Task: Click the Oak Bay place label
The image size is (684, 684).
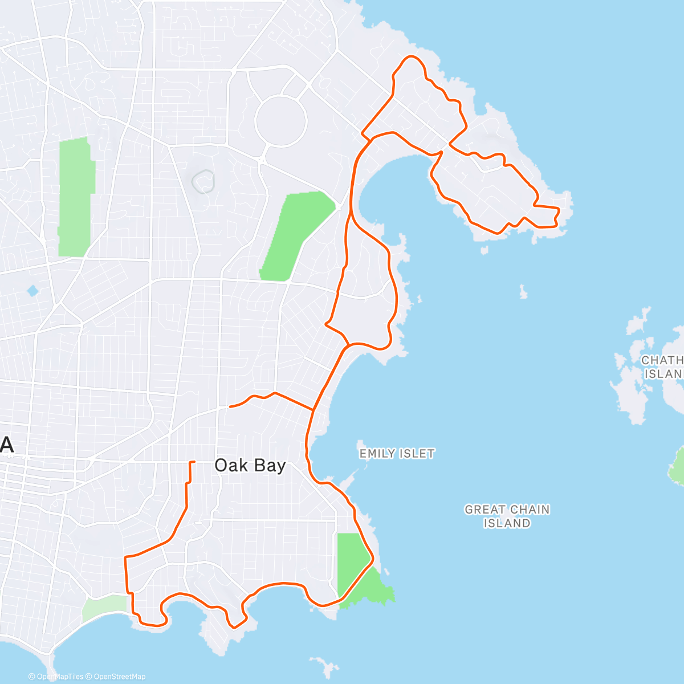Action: pos(250,466)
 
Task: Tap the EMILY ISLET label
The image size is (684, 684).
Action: pos(397,454)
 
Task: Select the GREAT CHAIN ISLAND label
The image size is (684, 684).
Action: pos(507,516)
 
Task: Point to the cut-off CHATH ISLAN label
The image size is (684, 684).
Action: pos(662,367)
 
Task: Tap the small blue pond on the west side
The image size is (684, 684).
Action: pos(32,291)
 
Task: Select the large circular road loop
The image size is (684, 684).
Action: pos(281,121)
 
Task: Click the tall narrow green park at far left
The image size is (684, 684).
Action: pos(75,197)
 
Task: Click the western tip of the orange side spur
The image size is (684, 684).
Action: pos(229,406)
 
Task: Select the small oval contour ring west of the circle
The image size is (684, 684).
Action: pos(203,182)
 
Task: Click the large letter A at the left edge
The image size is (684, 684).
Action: pos(7,445)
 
